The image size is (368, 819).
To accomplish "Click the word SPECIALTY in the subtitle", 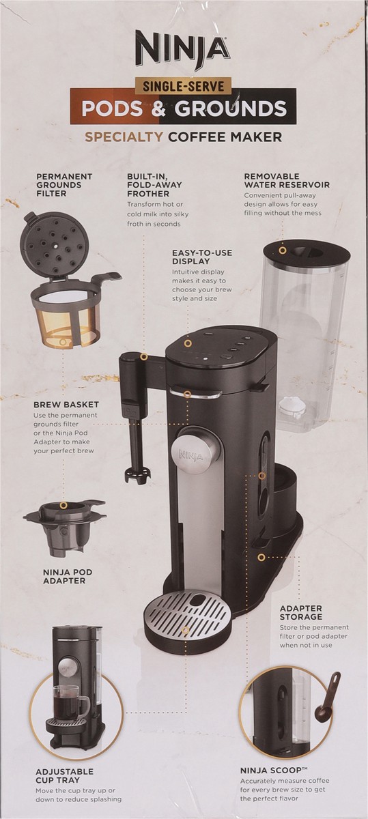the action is click(124, 136).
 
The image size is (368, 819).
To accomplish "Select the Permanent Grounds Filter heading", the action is click(64, 185).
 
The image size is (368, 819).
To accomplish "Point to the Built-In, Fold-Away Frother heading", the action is click(154, 185).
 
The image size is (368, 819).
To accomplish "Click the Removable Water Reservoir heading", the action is click(287, 181).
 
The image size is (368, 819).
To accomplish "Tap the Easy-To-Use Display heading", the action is click(202, 257).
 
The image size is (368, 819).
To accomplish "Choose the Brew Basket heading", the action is click(66, 405).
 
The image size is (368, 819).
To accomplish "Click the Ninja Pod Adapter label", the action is click(68, 577).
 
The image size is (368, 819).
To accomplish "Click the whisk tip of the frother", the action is click(137, 476).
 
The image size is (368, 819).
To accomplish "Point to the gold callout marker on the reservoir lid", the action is click(282, 251).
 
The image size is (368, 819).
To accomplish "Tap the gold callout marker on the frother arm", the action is click(144, 357).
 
